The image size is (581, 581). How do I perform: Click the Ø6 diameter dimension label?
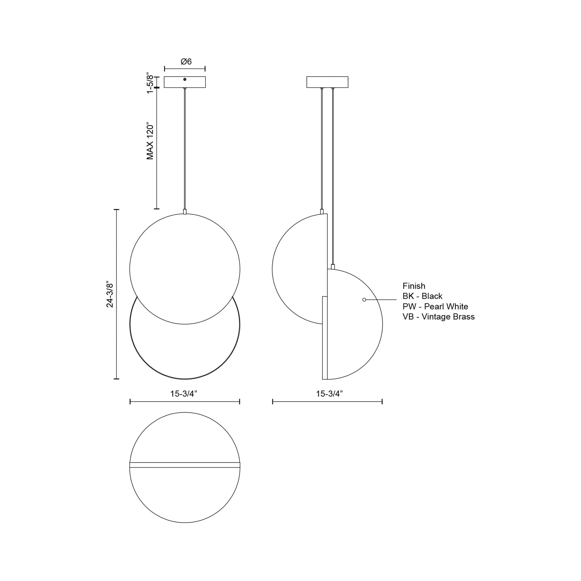pyautogui.click(x=186, y=62)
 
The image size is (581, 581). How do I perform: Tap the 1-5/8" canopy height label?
pyautogui.click(x=150, y=82)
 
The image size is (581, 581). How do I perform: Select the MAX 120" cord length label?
pyautogui.click(x=150, y=141)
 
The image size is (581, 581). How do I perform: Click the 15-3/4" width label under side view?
pyautogui.click(x=329, y=394)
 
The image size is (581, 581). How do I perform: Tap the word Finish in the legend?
pyautogui.click(x=414, y=286)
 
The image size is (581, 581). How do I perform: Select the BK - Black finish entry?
pyautogui.click(x=422, y=296)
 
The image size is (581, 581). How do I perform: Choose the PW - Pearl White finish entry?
pyautogui.click(x=435, y=306)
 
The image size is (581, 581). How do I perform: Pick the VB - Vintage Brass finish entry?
pyautogui.click(x=439, y=317)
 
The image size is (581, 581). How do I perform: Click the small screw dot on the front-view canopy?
pyautogui.click(x=185, y=79)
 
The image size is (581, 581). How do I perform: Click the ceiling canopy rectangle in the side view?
pyautogui.click(x=327, y=82)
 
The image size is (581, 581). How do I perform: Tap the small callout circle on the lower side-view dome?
pyautogui.click(x=364, y=300)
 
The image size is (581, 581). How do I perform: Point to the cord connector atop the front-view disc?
pyautogui.click(x=185, y=211)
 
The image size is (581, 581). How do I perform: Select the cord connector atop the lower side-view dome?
pyautogui.click(x=333, y=266)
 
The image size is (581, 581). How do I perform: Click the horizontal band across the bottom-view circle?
pyautogui.click(x=185, y=465)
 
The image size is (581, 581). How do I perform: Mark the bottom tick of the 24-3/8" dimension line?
pyautogui.click(x=116, y=379)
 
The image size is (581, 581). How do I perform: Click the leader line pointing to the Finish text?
pyautogui.click(x=381, y=300)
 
